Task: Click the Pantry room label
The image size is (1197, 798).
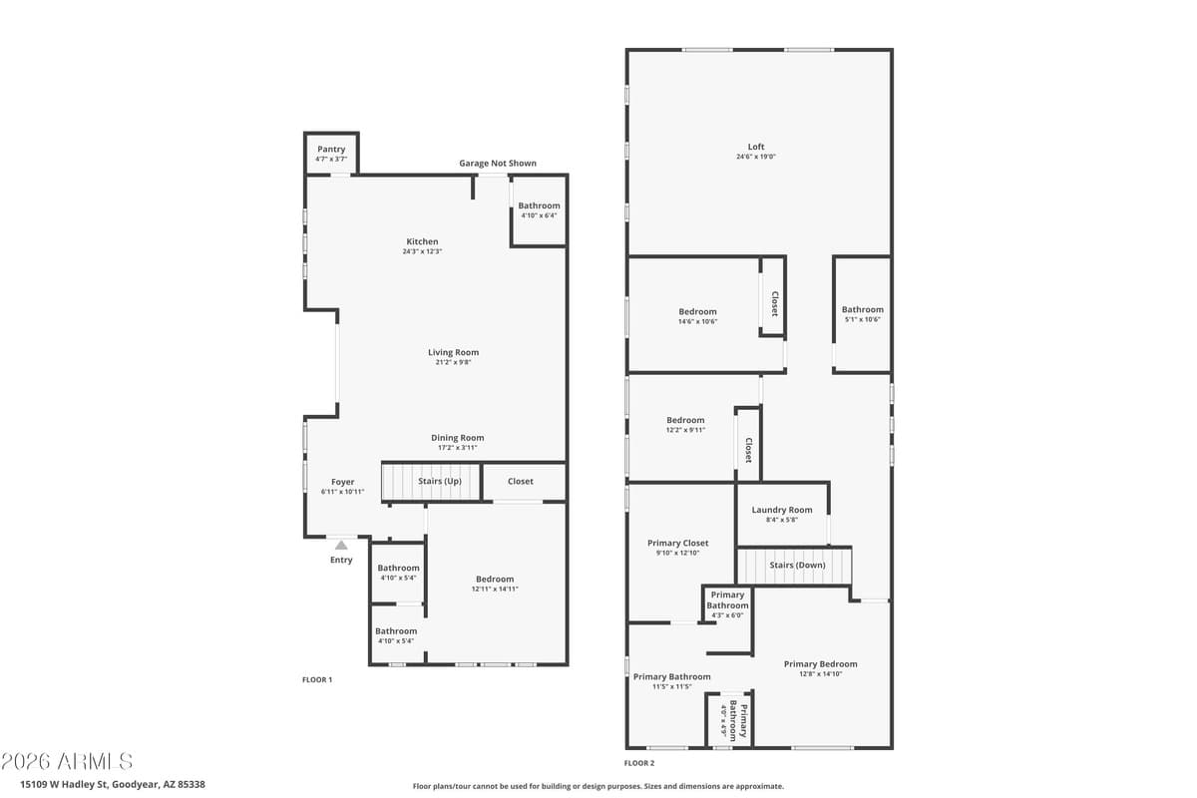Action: click(331, 150)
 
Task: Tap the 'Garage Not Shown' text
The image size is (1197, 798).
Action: click(497, 164)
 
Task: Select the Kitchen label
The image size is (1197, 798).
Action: click(422, 241)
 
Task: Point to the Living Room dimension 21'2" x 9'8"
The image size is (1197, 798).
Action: click(454, 363)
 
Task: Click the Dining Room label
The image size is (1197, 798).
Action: click(457, 438)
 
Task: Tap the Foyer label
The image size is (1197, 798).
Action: click(342, 482)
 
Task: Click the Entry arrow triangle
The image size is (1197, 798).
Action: click(341, 545)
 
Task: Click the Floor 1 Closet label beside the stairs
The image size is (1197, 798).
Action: click(521, 481)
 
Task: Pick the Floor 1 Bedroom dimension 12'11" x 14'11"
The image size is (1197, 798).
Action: click(495, 590)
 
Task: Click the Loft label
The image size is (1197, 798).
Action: click(756, 147)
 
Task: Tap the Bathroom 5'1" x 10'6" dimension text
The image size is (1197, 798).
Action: click(862, 320)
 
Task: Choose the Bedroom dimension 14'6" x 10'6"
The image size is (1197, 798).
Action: click(697, 322)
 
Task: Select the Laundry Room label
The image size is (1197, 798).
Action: click(782, 510)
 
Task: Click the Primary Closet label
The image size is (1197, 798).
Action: click(677, 544)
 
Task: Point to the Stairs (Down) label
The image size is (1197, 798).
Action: click(796, 565)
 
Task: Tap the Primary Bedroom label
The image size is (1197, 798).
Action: click(820, 664)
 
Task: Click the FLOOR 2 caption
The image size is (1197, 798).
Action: click(639, 763)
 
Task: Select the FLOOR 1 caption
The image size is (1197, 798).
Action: click(317, 680)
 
